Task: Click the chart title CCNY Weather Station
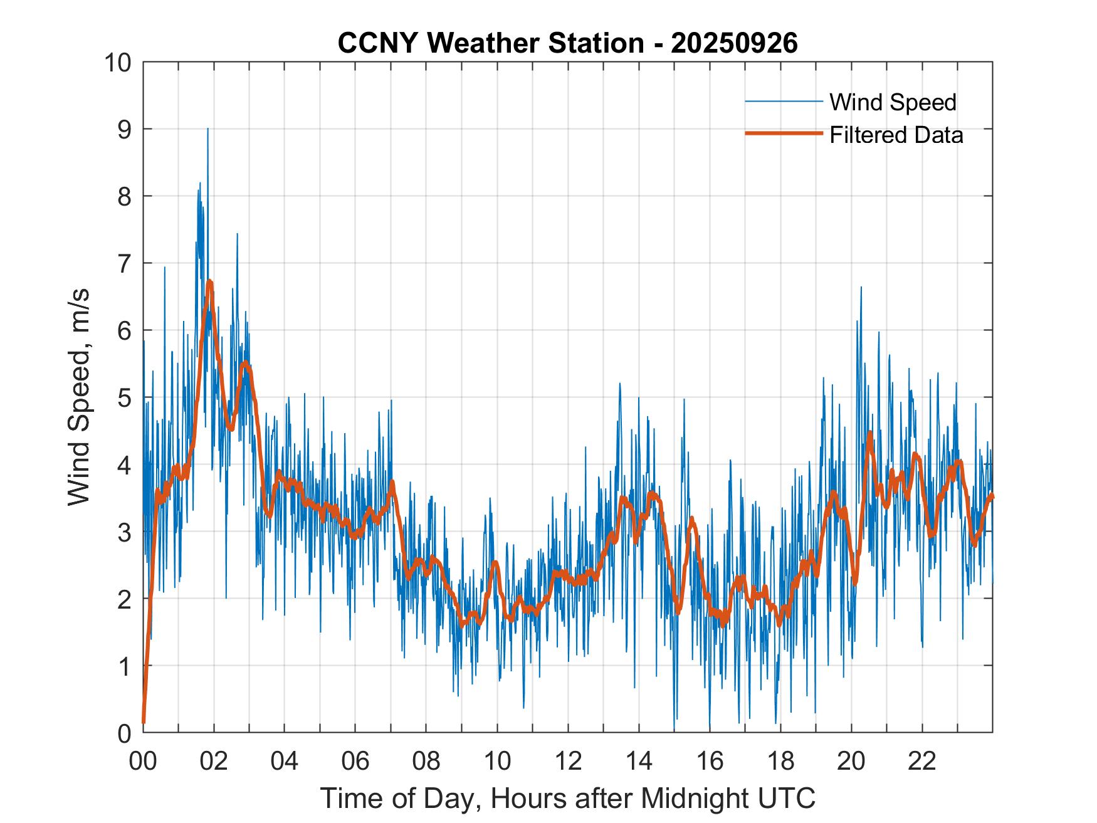point(567,43)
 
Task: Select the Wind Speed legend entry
point(893,102)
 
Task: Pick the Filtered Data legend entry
point(896,135)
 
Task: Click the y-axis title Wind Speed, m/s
point(80,397)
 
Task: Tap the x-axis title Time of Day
point(567,799)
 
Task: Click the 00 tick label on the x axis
point(143,761)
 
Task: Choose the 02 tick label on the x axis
point(214,761)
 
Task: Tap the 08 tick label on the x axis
point(426,761)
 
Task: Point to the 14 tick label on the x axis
point(639,761)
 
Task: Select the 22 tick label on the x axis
point(922,761)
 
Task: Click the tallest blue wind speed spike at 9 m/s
point(207,129)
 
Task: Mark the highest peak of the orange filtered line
point(209,281)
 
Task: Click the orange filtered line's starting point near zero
point(144,722)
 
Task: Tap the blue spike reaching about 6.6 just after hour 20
point(861,288)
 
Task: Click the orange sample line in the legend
point(783,134)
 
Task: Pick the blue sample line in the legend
point(783,102)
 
